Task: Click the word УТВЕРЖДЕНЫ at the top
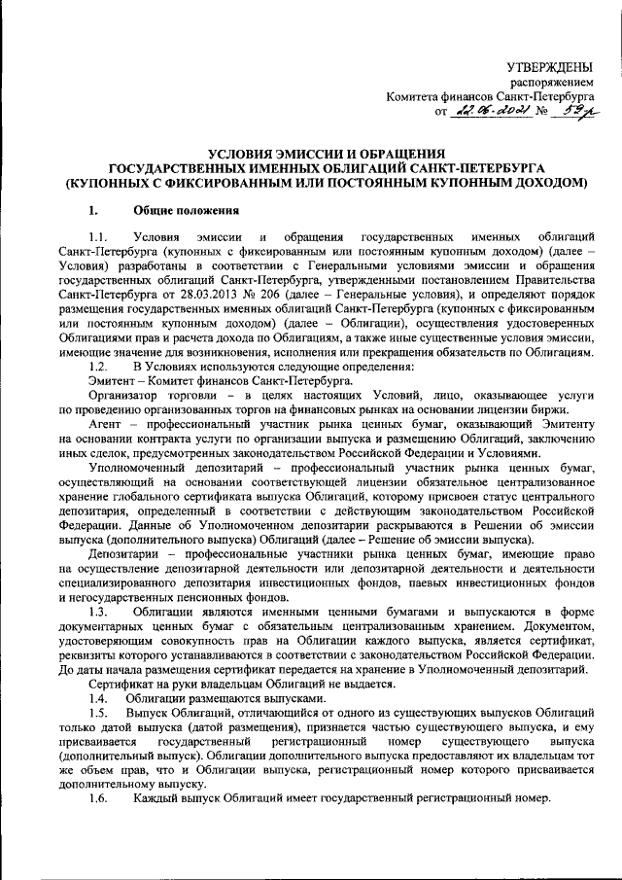click(550, 66)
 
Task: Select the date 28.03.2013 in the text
click(246, 291)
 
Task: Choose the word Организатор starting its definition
click(125, 396)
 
